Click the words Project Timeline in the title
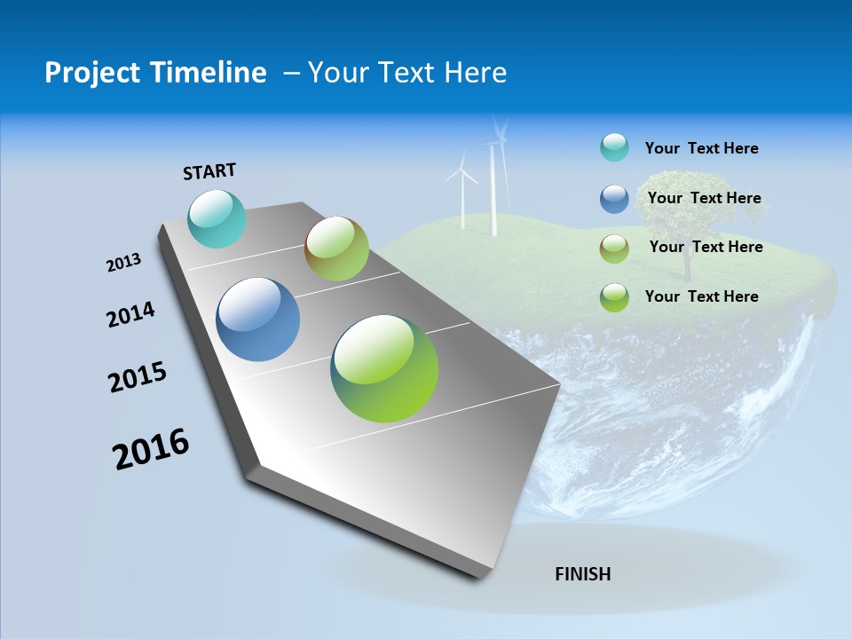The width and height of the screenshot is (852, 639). (x=155, y=73)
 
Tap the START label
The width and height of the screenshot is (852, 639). (x=209, y=171)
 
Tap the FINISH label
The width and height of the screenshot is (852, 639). (x=583, y=574)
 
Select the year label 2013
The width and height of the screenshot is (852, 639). (x=123, y=263)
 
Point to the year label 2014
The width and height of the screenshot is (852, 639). (x=130, y=315)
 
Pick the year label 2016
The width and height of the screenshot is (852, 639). (x=151, y=449)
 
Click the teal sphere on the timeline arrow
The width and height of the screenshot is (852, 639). (x=217, y=218)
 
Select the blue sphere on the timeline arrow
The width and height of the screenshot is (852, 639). (x=258, y=319)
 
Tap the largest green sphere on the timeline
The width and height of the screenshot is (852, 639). (x=384, y=368)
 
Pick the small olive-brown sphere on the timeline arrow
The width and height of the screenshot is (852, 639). (x=336, y=248)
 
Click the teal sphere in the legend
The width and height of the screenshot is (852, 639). (x=614, y=147)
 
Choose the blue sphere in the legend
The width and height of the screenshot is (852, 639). (x=614, y=199)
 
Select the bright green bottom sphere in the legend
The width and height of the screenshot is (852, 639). (x=614, y=297)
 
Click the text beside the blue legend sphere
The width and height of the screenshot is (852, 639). (x=704, y=198)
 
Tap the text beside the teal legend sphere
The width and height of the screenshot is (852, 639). (x=701, y=148)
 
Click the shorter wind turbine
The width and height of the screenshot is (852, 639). (x=461, y=191)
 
